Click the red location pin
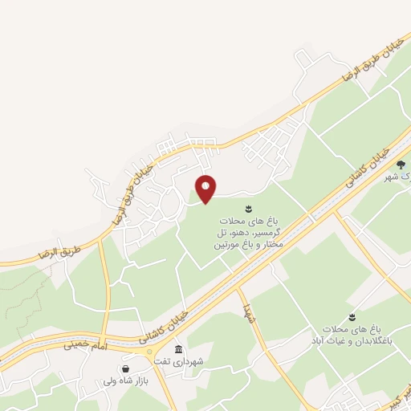(x=206, y=189)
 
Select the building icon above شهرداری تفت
(x=178, y=349)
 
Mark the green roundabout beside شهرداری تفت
(x=151, y=350)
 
